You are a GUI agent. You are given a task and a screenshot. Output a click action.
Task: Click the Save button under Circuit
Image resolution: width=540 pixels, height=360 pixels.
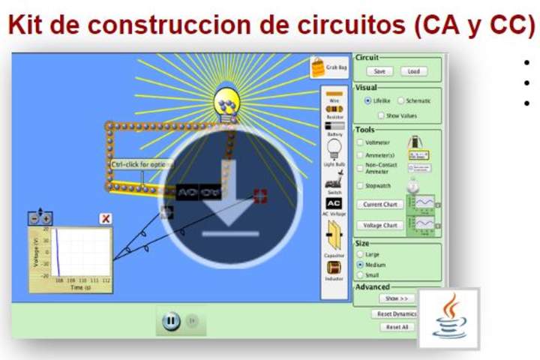[x=379, y=71]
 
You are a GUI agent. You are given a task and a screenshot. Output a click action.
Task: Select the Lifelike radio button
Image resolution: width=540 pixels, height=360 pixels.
[x=367, y=100]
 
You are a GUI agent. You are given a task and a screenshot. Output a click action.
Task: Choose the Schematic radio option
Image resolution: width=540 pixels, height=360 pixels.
[x=401, y=100]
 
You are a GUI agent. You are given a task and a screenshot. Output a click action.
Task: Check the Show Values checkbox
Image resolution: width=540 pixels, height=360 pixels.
[x=381, y=115]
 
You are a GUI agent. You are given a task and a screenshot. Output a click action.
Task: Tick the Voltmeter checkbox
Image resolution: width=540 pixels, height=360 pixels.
[x=360, y=142]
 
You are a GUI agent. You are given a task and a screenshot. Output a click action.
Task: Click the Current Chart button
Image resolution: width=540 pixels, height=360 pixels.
[x=379, y=204]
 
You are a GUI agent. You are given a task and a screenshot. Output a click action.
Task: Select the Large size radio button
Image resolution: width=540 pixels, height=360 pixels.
[x=360, y=254]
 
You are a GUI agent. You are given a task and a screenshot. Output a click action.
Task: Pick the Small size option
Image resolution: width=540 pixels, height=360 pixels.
[x=360, y=275]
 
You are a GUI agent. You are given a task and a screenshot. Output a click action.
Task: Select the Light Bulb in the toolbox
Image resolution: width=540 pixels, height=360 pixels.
[x=334, y=149]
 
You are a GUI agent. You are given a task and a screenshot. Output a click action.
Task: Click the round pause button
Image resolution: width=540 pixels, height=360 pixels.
[x=170, y=321]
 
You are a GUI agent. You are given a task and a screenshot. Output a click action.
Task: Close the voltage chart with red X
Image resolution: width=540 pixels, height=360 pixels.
[x=106, y=218]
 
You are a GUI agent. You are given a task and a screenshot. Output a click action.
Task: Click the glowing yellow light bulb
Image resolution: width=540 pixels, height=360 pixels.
[x=226, y=103]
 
